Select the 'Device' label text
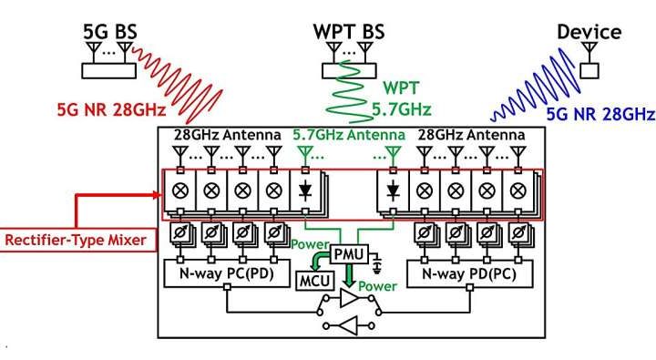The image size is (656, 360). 589,33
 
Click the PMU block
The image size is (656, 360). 348,253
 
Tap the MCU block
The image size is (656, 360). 311,280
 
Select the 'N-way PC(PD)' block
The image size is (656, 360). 228,273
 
